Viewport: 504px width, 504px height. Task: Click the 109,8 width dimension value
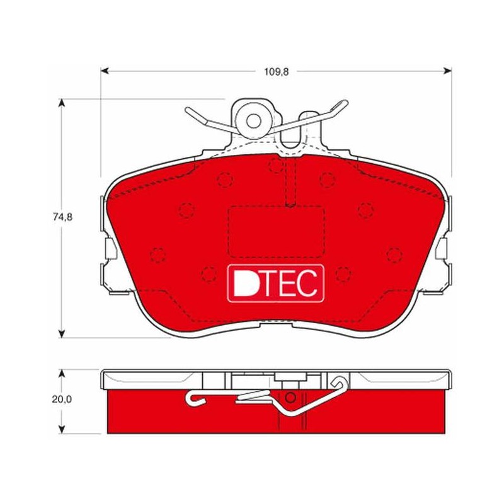277,72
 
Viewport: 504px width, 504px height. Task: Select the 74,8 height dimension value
62,217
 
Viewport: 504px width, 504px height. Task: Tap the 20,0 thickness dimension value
62,399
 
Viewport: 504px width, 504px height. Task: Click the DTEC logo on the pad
275,283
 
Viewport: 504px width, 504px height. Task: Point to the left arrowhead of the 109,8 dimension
105,71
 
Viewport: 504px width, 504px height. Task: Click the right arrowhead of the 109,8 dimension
447,71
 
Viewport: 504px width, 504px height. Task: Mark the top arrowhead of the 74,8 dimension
62,103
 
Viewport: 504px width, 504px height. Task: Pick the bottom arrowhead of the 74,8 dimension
62,333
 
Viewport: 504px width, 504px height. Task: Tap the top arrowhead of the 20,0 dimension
62,374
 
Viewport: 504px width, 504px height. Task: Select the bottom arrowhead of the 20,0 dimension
62,430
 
